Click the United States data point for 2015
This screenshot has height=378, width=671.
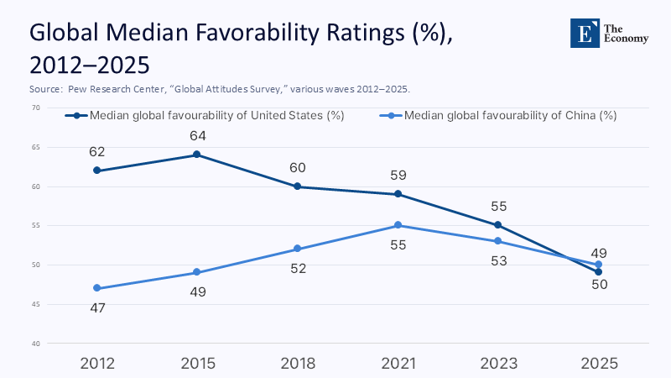(197, 155)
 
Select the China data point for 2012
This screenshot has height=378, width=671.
(97, 288)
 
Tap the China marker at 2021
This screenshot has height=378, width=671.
(398, 225)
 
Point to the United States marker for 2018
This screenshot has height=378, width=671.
(298, 186)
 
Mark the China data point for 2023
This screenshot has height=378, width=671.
(498, 241)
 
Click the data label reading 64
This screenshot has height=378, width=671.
(197, 135)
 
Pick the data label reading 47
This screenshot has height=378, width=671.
(97, 308)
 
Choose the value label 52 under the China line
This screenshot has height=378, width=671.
(298, 269)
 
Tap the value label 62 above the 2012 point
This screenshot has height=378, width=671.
(97, 152)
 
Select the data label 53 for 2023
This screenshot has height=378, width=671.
(498, 261)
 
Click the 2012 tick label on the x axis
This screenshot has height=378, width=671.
(97, 364)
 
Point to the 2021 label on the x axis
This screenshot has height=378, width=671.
(398, 364)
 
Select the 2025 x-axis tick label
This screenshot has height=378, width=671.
(598, 364)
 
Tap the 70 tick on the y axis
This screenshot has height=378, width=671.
(36, 108)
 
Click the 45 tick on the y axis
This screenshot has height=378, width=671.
(36, 304)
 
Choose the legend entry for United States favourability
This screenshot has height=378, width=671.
(210, 116)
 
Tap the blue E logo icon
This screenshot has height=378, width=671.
(581, 33)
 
